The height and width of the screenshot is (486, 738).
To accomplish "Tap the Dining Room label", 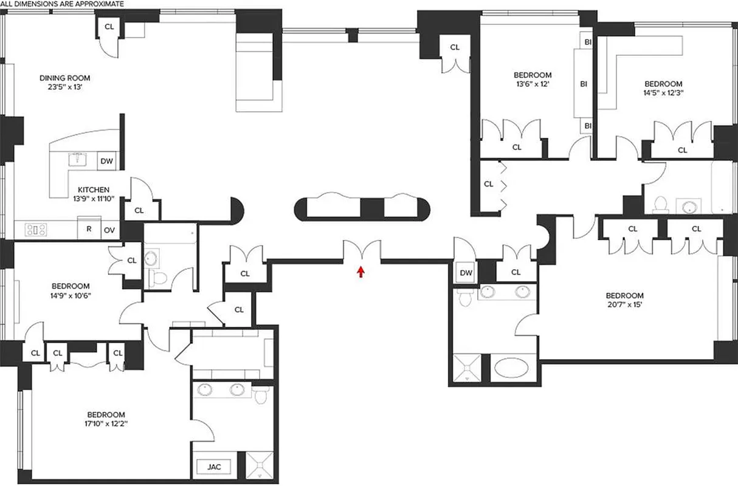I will (x=65, y=82).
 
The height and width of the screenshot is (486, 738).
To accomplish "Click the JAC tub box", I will (x=214, y=467).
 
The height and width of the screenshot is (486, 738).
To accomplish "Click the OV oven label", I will (x=109, y=230).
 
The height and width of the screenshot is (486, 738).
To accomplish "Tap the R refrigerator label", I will (x=89, y=230).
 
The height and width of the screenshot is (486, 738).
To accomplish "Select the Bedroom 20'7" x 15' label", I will (x=624, y=301).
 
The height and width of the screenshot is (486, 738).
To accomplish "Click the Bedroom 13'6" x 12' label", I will (x=532, y=80).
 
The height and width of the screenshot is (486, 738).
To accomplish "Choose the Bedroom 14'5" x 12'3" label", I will (x=663, y=88).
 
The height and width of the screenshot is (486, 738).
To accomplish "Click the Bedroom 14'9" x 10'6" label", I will (x=71, y=290).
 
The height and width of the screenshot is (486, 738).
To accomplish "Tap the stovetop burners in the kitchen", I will (x=35, y=230).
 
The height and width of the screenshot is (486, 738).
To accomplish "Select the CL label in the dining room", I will (x=109, y=26).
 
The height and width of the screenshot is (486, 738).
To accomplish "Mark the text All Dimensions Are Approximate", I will (x=62, y=4).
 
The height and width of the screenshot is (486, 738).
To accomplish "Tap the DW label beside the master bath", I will (x=466, y=273).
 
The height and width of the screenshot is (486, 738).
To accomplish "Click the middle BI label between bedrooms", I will (x=584, y=84).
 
